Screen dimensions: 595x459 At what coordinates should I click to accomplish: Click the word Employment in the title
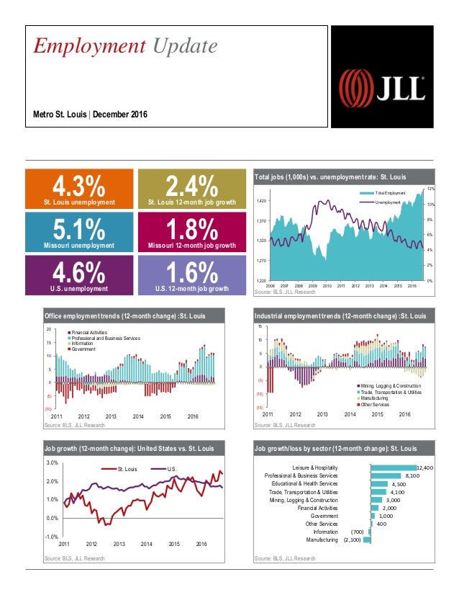click(x=78, y=47)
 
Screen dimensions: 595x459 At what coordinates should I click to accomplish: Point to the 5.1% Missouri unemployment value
click(x=79, y=231)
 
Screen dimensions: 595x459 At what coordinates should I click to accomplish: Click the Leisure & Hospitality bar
click(x=393, y=467)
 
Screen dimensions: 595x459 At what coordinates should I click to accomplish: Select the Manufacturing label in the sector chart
click(x=322, y=539)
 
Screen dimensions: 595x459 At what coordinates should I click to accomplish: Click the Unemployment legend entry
click(x=388, y=203)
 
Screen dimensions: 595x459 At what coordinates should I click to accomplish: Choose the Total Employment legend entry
click(x=391, y=194)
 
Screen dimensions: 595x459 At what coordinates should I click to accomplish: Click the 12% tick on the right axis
click(x=430, y=188)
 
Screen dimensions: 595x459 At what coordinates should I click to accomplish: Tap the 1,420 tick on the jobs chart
click(x=263, y=201)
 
